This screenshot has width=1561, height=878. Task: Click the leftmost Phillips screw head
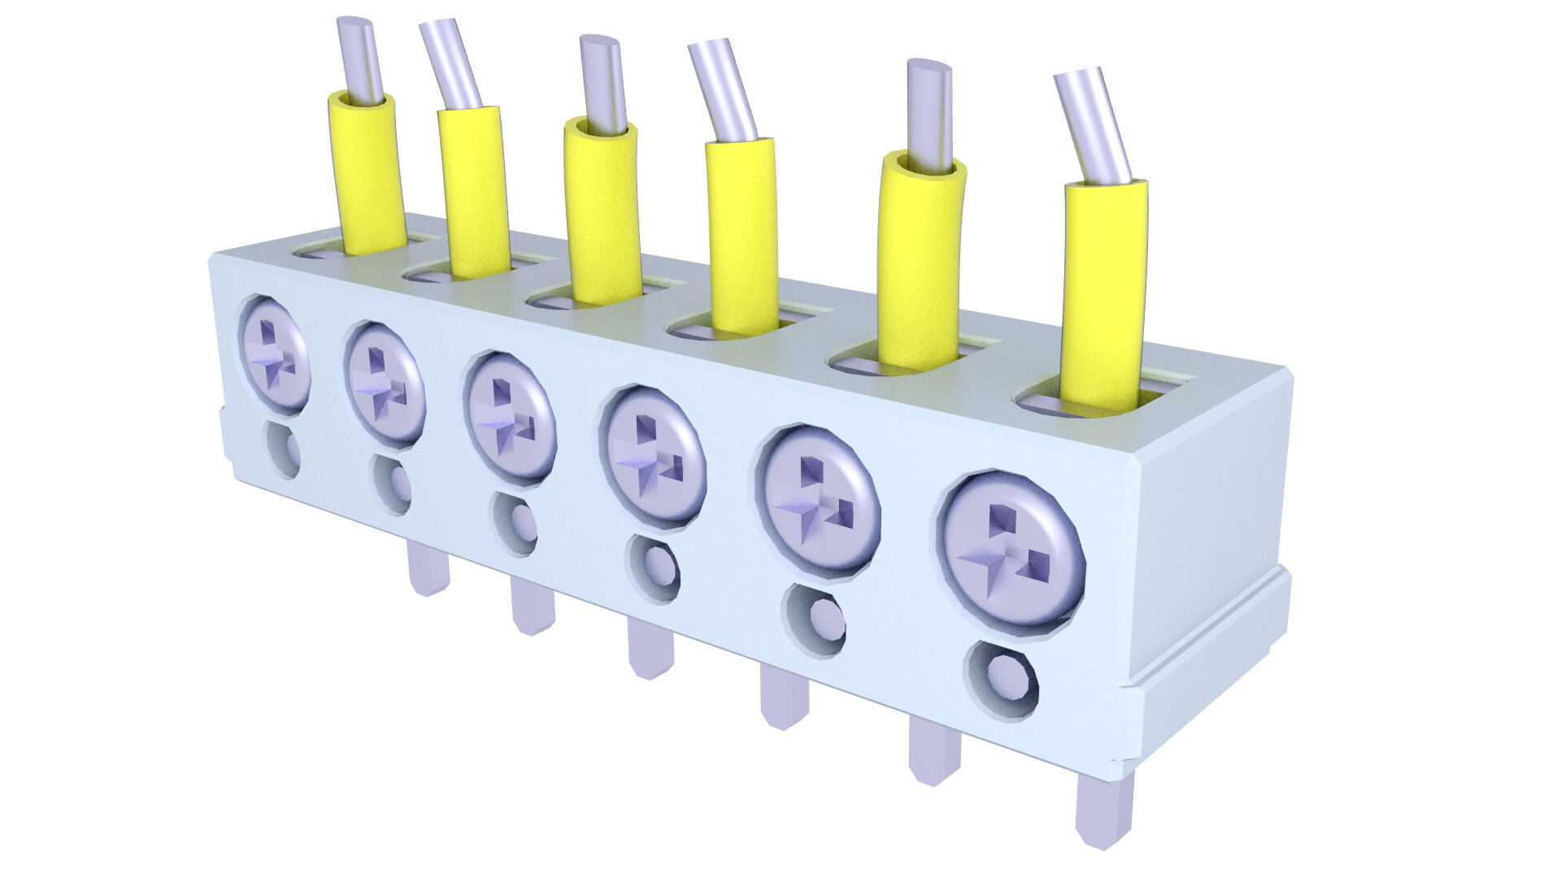point(276,354)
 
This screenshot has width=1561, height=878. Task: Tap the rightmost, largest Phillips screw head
point(1011,550)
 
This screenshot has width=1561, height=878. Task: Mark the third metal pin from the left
point(650,647)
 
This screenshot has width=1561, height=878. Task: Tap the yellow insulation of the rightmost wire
point(1103,293)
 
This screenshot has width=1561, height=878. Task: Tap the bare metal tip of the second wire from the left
point(452,65)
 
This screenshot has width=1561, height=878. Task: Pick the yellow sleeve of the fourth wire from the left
point(741,236)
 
